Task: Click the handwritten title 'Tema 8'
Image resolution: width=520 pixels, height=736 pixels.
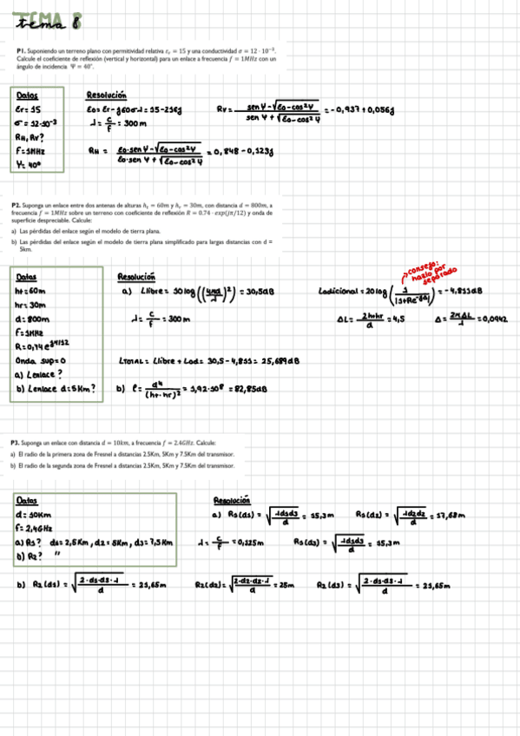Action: [49, 20]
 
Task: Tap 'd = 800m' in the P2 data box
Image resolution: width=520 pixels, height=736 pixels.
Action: [33, 319]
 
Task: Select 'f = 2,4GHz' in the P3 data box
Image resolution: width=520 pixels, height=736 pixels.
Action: [35, 527]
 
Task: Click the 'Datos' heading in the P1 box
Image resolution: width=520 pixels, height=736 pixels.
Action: [27, 95]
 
